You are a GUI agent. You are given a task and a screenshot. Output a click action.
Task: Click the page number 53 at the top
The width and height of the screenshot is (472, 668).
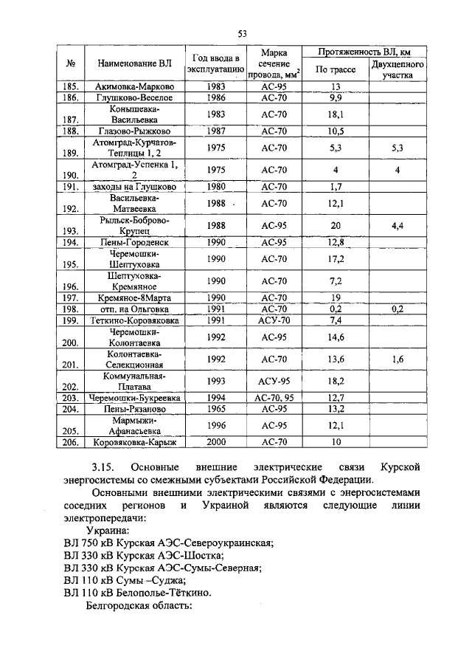[241, 33]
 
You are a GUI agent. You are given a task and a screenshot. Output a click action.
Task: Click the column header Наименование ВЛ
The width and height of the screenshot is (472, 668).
[134, 64]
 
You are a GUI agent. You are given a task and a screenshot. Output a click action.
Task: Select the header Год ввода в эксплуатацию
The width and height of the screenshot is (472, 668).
[216, 64]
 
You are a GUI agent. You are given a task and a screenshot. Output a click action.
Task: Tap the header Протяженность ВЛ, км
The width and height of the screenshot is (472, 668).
[364, 52]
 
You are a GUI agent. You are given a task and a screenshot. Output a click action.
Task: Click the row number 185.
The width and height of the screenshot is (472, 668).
[71, 86]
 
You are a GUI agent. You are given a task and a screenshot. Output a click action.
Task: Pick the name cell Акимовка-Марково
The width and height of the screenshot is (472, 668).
[134, 86]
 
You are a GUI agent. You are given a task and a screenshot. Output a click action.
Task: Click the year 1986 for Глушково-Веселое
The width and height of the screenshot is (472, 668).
[216, 97]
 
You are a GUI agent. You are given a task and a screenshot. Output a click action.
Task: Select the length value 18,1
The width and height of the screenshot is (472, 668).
[336, 114]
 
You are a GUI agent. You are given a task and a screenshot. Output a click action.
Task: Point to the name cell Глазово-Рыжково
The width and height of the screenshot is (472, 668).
[134, 131]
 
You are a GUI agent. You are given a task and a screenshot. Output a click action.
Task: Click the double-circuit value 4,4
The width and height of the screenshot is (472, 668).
[397, 225]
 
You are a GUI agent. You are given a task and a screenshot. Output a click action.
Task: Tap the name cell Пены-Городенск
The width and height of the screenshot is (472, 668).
[134, 242]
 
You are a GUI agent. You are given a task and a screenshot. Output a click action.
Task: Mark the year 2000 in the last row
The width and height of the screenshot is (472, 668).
[216, 443]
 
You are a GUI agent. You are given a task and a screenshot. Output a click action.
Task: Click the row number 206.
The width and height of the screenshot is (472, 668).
[71, 444]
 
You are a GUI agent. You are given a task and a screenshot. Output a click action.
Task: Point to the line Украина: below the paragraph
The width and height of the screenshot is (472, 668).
[108, 531]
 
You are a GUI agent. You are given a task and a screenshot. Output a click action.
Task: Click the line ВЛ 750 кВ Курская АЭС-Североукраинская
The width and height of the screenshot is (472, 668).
[168, 543]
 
